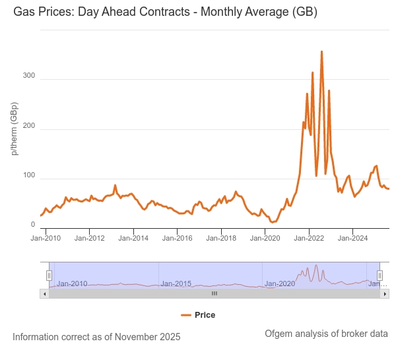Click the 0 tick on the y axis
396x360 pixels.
pyautogui.click(x=32, y=225)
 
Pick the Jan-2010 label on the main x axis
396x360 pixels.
pyautogui.click(x=46, y=238)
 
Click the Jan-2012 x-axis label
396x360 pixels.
pyautogui.click(x=90, y=238)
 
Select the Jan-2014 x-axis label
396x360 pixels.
pyautogui.click(x=134, y=238)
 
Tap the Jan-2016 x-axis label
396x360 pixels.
pyautogui.click(x=178, y=238)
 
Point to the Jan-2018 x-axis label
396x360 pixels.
pyautogui.click(x=222, y=238)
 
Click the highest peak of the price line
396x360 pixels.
pyautogui.click(x=321, y=51)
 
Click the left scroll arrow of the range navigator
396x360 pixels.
pyautogui.click(x=44, y=293)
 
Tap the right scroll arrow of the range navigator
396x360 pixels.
pyautogui.click(x=385, y=293)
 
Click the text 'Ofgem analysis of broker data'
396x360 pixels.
pyautogui.click(x=326, y=334)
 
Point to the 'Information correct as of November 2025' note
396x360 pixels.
pyautogui.click(x=96, y=337)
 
